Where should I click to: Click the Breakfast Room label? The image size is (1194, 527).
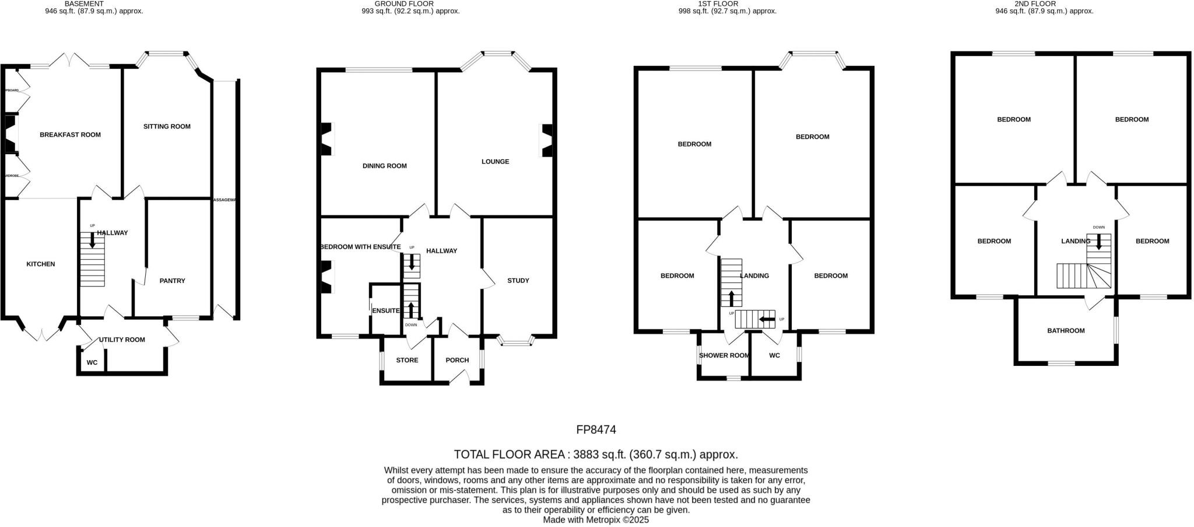(70, 135)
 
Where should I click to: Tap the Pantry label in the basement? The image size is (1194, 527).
(172, 281)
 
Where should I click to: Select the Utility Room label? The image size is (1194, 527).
(122, 340)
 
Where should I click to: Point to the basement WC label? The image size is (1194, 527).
(92, 363)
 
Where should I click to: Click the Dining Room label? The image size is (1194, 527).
(384, 166)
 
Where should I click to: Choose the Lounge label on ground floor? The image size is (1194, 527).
(495, 162)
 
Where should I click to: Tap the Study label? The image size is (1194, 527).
(518, 281)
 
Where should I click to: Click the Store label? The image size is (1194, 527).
(407, 360)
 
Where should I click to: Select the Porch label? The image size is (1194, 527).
(457, 360)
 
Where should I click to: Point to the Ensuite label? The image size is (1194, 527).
(385, 310)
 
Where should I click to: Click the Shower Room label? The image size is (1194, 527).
(724, 355)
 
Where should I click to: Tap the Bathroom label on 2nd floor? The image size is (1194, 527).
(1066, 331)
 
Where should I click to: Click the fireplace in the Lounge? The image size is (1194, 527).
(547, 141)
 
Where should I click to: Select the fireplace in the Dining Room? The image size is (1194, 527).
(326, 139)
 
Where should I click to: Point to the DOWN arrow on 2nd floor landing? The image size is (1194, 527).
(1099, 242)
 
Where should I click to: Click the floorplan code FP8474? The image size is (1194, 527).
(596, 430)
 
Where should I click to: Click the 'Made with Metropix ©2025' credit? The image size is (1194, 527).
(596, 519)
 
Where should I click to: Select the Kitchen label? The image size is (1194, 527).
(41, 264)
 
